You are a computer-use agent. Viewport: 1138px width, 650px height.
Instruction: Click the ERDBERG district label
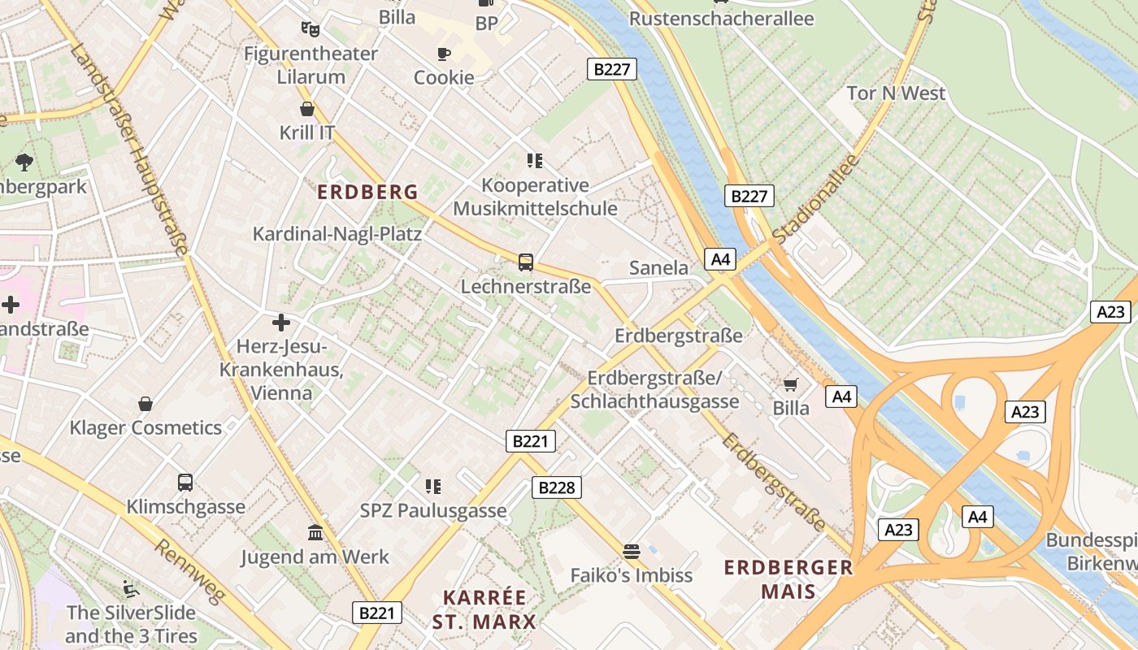click(x=367, y=193)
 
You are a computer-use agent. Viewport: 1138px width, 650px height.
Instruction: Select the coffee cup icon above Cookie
click(x=443, y=54)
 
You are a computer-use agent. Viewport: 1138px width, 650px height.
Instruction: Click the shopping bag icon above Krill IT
click(x=307, y=109)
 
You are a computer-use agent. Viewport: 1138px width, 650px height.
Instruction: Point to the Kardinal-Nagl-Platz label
click(x=337, y=235)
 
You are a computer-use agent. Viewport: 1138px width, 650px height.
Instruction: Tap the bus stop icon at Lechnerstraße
click(x=526, y=262)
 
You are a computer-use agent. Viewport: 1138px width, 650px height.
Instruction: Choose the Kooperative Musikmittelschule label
click(x=535, y=197)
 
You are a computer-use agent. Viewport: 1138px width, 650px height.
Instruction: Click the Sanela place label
click(x=658, y=268)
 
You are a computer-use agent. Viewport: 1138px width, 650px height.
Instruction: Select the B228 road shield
click(x=557, y=487)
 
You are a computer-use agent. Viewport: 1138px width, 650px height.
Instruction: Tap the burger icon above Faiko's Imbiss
click(x=632, y=552)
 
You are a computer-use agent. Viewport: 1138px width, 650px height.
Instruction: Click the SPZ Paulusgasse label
click(x=433, y=511)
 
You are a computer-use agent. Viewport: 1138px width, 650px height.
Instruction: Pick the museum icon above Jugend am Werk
click(x=315, y=533)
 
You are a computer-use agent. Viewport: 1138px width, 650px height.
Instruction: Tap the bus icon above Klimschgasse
click(x=185, y=483)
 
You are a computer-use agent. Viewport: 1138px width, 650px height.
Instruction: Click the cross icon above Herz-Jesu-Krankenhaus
click(x=281, y=323)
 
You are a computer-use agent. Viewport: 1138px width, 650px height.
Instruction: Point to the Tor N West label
click(x=896, y=93)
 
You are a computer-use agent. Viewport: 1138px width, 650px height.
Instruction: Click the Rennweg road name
click(x=189, y=572)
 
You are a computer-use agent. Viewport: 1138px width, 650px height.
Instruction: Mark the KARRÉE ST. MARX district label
click(x=484, y=610)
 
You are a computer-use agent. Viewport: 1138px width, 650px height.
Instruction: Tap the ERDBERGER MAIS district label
click(x=788, y=579)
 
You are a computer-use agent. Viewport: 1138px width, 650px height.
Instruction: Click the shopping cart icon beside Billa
click(x=791, y=384)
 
